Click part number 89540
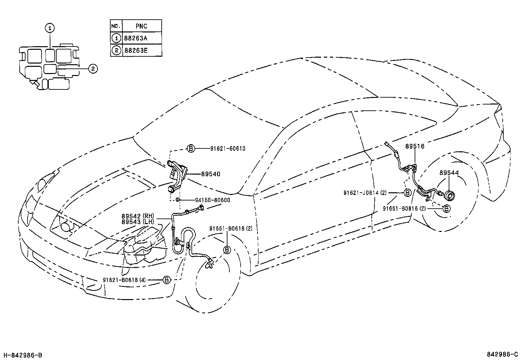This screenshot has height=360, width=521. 210,174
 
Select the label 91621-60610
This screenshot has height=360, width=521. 228,149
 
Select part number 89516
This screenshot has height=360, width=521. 415,146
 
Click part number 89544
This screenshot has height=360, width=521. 449,173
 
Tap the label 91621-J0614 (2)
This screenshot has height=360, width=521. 365,193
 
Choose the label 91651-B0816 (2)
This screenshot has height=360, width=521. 404,208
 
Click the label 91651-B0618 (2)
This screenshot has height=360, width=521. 231,229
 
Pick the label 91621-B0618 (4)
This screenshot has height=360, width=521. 124,280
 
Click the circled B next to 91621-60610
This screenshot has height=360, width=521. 191,149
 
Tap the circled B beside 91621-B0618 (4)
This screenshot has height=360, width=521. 167,280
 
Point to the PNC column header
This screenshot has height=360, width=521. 141,26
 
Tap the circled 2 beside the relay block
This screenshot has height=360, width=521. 93,69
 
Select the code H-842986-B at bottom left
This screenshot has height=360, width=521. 23,355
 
